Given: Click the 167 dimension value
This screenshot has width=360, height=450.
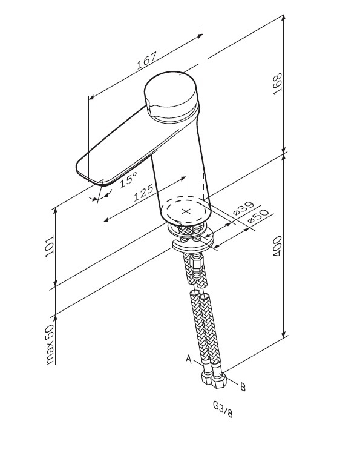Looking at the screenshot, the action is click(146, 61).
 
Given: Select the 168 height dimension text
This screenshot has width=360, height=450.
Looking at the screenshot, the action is click(278, 84).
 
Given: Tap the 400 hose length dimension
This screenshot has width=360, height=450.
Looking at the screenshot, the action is click(278, 247).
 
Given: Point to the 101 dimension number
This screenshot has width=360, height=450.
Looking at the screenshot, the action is click(50, 247).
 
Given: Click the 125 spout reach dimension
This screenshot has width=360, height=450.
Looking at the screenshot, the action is click(144, 193).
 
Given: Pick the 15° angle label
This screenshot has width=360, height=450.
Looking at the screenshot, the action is click(128, 179).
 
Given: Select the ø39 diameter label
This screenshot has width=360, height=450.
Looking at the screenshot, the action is click(243, 208).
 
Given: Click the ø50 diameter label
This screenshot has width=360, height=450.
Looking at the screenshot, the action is click(258, 216).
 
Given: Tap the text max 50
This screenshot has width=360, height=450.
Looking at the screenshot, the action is click(50, 344).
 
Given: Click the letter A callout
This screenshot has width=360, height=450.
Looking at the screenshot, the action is click(189, 359).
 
